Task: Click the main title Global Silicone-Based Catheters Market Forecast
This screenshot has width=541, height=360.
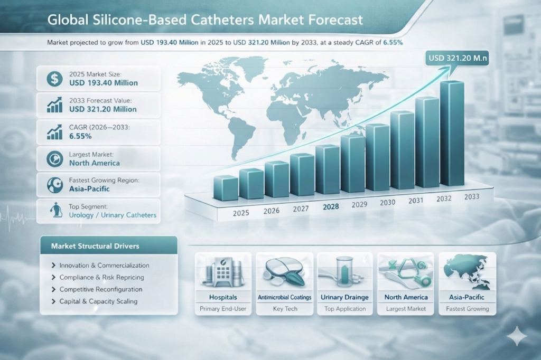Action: click(205, 21)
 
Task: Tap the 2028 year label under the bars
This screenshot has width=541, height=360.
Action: click(331, 207)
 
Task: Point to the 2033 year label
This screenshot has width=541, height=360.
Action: click(472, 196)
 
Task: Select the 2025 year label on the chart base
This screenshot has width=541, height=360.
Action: click(241, 214)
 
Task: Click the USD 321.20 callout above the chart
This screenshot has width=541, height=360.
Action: click(457, 58)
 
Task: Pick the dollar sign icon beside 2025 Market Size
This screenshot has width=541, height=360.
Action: click(54, 79)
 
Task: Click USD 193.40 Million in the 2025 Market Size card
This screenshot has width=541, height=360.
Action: click(104, 83)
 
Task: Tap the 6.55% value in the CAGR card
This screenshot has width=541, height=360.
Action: click(80, 136)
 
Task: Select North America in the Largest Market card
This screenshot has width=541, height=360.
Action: click(95, 163)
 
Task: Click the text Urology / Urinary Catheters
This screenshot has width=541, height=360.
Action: click(113, 215)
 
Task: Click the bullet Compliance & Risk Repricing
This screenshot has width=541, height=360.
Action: click(101, 277)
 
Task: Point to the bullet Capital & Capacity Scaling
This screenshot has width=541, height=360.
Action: click(98, 301)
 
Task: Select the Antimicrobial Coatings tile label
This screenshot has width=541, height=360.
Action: click(284, 297)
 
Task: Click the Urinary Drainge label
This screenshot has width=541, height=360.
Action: click(345, 297)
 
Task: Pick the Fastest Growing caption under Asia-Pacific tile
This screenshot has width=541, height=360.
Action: click(467, 309)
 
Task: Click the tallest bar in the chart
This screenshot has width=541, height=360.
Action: click(452, 135)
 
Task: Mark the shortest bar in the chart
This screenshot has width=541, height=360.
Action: click(226, 188)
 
